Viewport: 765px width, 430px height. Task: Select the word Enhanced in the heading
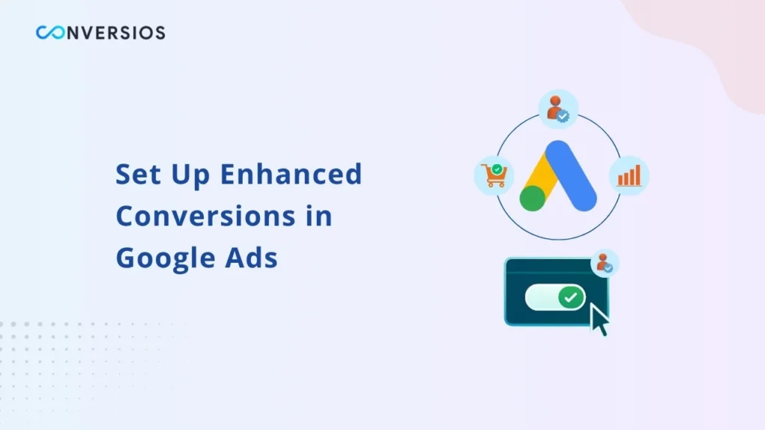291,174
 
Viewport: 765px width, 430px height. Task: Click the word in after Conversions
320,216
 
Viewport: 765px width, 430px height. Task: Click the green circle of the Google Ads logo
532,198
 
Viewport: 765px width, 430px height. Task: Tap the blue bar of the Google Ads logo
571,175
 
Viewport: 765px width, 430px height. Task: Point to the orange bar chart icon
629,175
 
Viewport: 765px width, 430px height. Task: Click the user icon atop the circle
558,108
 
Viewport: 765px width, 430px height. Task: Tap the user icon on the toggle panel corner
604,263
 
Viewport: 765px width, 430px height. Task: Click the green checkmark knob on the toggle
572,297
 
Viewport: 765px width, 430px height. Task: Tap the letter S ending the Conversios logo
159,33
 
